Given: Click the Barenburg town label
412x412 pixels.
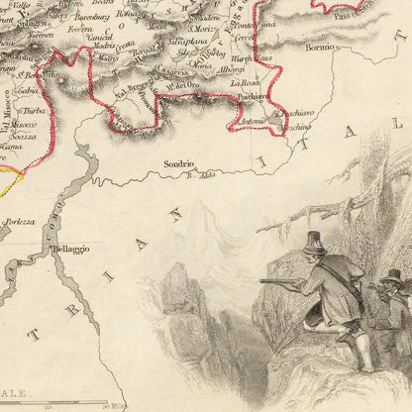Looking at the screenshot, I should click(x=92, y=17).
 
